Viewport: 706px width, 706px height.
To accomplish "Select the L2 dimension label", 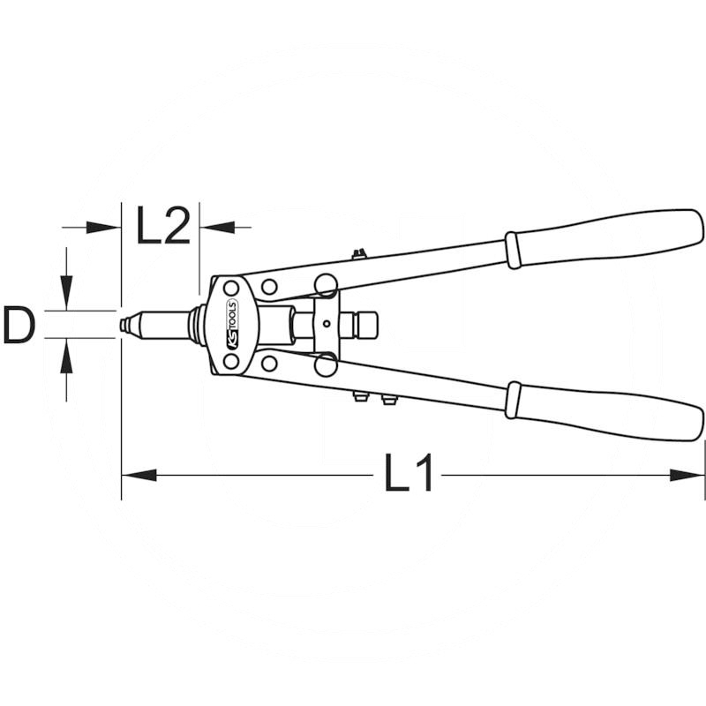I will point(163,228).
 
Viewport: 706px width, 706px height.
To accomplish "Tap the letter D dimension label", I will point(19,326).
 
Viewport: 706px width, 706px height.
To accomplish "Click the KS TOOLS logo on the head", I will point(232,325).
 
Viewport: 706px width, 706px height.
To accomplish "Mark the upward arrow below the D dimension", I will point(66,357).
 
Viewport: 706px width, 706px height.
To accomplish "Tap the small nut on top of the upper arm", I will point(357,256).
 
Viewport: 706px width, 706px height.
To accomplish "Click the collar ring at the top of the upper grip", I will point(512,250).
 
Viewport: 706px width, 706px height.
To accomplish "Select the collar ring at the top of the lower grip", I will point(512,400).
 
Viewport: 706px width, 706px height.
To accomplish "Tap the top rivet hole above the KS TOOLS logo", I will point(231,289).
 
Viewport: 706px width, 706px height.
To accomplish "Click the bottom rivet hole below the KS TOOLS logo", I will point(231,361).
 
